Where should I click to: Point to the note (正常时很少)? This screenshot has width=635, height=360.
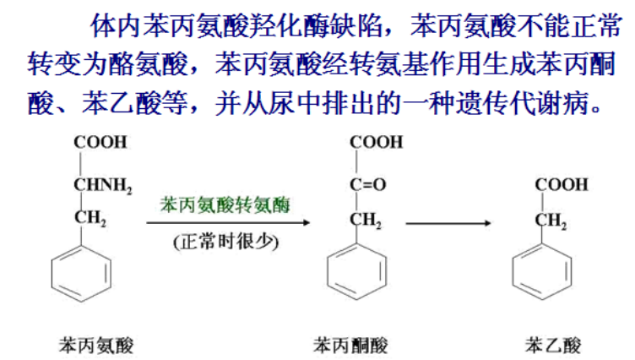[x=225, y=242]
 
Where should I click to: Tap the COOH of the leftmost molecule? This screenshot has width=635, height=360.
[x=100, y=142]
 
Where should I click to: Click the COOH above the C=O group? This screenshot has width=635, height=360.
[x=376, y=142]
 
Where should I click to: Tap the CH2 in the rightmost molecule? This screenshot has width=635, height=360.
[x=552, y=222]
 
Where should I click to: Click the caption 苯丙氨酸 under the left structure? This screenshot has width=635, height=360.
[x=95, y=343]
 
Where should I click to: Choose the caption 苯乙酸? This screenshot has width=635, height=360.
[x=553, y=343]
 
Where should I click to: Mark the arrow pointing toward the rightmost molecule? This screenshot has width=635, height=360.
[x=447, y=223]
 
